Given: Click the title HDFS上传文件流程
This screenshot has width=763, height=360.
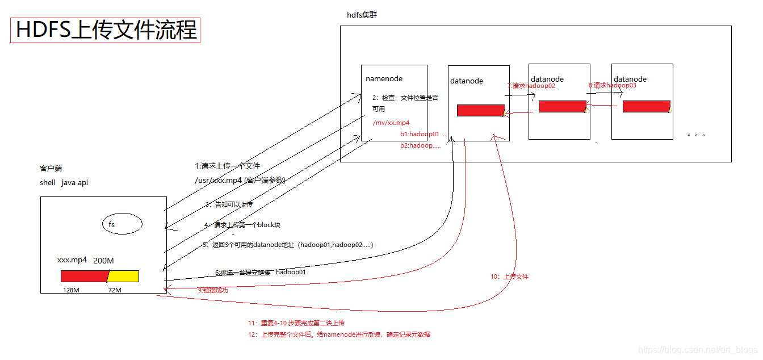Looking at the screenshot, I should click(106, 30).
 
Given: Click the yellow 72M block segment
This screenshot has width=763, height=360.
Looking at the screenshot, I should click(124, 276).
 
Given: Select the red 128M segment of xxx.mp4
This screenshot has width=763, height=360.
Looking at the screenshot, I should click(84, 276).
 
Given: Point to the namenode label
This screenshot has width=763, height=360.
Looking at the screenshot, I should click(384, 79).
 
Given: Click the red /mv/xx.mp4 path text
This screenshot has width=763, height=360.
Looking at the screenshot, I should click(391, 123).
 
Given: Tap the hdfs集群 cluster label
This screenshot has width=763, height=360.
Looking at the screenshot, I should click(362, 15).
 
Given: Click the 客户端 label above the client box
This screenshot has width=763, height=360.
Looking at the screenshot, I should click(51, 169).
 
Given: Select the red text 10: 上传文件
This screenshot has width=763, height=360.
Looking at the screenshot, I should click(509, 277).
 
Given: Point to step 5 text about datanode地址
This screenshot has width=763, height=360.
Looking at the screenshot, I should click(288, 245).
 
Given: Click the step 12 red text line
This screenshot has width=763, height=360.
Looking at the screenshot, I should click(339, 334).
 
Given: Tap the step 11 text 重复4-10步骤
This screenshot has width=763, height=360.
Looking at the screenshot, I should click(296, 323).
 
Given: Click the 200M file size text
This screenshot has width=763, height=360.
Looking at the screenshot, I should click(103, 261).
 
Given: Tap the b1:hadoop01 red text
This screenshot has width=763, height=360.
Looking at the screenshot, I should click(420, 134).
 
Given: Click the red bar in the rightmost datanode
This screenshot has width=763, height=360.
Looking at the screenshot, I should click(645, 106).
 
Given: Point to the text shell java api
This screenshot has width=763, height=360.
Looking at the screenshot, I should click(64, 183).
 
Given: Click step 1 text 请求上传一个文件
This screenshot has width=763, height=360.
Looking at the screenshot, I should click(227, 166).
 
